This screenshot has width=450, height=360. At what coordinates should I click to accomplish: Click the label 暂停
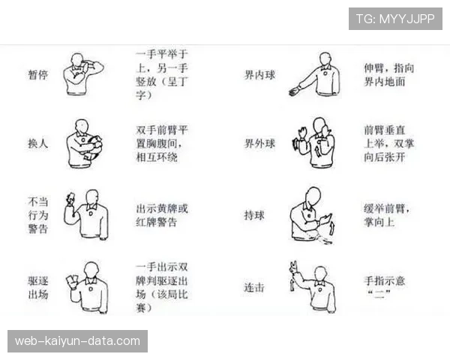(38, 75)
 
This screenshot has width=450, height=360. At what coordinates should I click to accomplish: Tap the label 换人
(38, 143)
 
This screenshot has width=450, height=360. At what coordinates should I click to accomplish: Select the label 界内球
(259, 75)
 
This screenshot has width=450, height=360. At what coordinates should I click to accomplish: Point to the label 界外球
(259, 143)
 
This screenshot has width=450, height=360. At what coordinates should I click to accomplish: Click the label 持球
(254, 215)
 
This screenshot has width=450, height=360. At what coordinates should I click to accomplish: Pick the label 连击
(254, 287)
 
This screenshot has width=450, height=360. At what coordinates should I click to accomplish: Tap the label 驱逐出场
(38, 287)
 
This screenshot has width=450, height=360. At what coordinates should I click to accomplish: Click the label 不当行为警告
(38, 215)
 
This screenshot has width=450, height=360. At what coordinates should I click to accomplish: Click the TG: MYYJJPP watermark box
(395, 19)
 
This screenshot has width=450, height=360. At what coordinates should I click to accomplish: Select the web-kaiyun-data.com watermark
(77, 341)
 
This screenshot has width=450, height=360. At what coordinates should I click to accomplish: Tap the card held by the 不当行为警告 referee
(70, 197)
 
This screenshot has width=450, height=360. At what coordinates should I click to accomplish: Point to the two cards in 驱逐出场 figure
(72, 279)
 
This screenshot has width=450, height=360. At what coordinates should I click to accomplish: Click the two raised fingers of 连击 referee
(294, 265)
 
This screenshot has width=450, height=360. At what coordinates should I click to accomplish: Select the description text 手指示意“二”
(385, 287)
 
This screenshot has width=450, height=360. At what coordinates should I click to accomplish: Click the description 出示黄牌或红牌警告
(162, 215)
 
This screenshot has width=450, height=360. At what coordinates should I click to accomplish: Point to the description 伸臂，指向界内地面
(388, 75)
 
